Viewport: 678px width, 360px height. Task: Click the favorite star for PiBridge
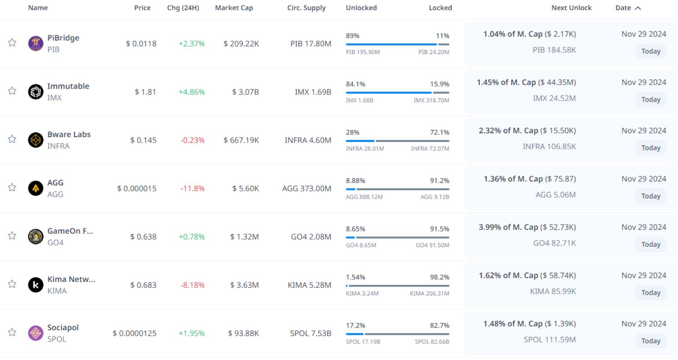pyautogui.click(x=12, y=43)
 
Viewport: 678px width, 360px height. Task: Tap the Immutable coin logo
pyautogui.click(x=36, y=92)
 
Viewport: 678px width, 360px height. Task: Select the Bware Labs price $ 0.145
pyautogui.click(x=143, y=140)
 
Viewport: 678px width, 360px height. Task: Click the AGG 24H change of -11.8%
pyautogui.click(x=192, y=188)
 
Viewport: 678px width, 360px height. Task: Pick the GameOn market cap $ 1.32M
pyautogui.click(x=244, y=237)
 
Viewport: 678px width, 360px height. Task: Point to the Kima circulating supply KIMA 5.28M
pyautogui.click(x=309, y=285)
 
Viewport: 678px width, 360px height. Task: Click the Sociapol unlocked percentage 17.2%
pyautogui.click(x=355, y=325)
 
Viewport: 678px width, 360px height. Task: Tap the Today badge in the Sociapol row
pyautogui.click(x=651, y=341)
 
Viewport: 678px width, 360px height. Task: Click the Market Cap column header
pyautogui.click(x=234, y=8)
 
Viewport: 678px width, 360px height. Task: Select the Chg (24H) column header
pyautogui.click(x=183, y=8)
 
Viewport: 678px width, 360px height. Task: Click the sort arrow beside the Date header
pyautogui.click(x=638, y=8)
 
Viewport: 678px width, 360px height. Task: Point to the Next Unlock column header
pyautogui.click(x=571, y=8)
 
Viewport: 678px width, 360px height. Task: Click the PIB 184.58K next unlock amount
pyautogui.click(x=554, y=50)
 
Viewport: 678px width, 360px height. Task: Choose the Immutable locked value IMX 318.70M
pyautogui.click(x=431, y=100)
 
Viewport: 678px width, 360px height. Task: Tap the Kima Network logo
pyautogui.click(x=36, y=285)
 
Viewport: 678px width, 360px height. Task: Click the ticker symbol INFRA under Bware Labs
pyautogui.click(x=58, y=146)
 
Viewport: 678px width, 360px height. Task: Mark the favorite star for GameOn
pyautogui.click(x=12, y=236)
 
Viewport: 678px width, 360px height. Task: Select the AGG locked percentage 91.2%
pyautogui.click(x=439, y=181)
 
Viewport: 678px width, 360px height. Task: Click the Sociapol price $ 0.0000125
pyautogui.click(x=135, y=334)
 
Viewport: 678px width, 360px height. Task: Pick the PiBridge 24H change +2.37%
pyautogui.click(x=191, y=44)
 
